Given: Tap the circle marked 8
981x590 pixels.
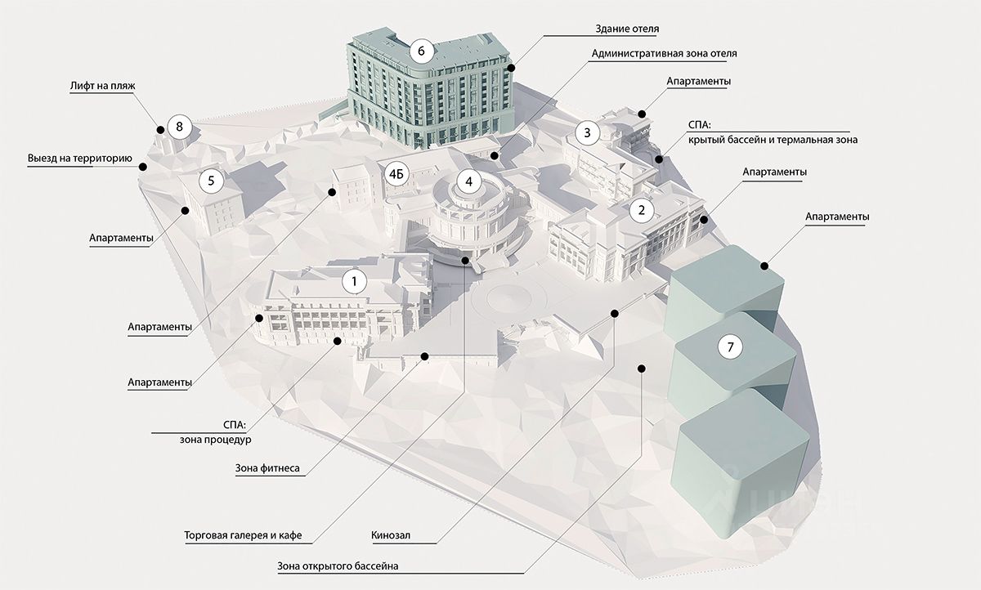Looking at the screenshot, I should (x=179, y=127).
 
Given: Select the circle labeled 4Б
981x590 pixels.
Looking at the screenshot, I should (x=396, y=176).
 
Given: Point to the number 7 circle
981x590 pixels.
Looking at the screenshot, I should (x=730, y=346).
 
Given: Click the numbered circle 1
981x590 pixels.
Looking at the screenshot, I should (x=354, y=282).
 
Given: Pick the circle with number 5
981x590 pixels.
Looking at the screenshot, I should (x=211, y=181).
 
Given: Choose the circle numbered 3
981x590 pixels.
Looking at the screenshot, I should (x=587, y=132).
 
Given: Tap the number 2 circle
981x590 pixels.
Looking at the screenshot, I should (x=642, y=210).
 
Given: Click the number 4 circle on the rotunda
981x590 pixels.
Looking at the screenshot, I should (x=468, y=181).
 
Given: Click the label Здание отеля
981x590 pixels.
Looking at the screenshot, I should (x=627, y=29).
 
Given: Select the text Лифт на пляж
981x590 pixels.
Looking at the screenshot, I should (x=101, y=84).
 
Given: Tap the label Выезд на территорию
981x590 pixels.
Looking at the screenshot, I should (x=78, y=157).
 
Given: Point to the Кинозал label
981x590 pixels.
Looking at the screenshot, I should (x=391, y=536).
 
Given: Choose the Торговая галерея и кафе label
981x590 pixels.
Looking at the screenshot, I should (x=244, y=536).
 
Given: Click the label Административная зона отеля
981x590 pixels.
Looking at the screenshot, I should (x=663, y=54).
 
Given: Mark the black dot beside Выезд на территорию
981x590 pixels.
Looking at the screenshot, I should (x=143, y=167).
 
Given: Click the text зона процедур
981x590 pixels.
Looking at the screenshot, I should (x=216, y=440).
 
